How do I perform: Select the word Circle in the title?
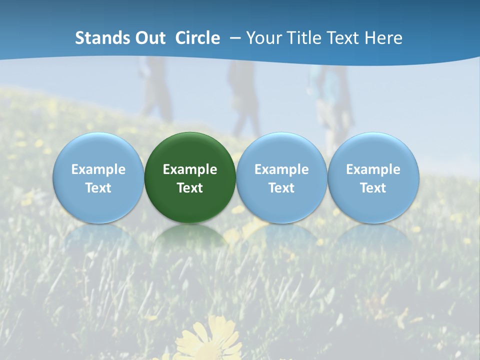tap(197, 38)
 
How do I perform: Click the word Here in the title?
tap(384, 38)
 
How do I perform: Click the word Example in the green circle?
tap(189, 169)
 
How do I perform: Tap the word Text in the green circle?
tap(189, 188)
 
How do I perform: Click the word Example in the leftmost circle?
tap(98, 169)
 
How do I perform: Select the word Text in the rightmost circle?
tap(373, 188)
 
